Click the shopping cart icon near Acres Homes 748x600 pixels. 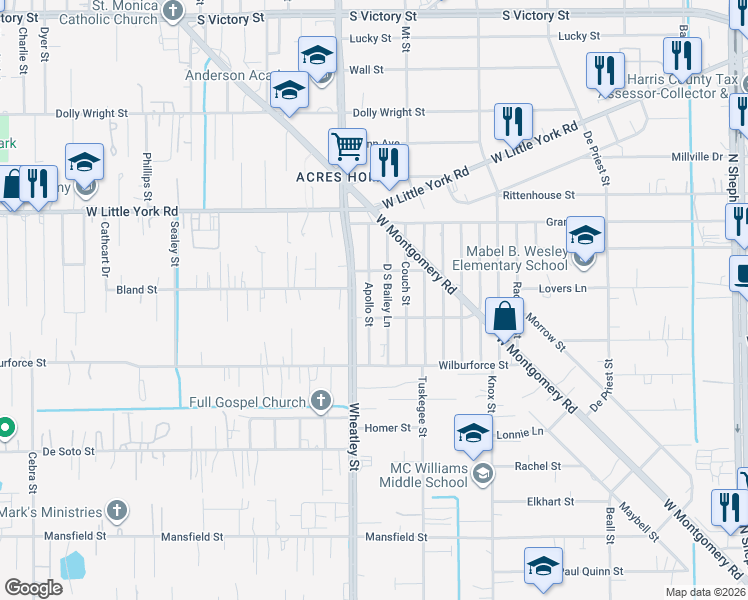click(x=347, y=146)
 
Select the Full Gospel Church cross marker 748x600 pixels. click(x=321, y=402)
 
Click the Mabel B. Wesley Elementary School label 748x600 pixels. click(x=510, y=258)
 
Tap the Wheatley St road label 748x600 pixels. click(x=354, y=436)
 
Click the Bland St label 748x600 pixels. click(x=137, y=290)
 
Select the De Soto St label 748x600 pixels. click(x=68, y=451)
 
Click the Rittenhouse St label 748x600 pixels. click(x=538, y=195)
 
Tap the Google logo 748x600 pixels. click(x=33, y=588)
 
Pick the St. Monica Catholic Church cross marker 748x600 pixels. click(x=173, y=11)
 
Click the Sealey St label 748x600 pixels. click(x=174, y=241)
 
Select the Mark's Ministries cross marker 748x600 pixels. click(x=117, y=511)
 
